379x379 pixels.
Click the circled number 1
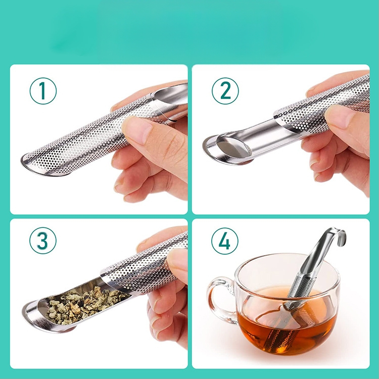point(43,91)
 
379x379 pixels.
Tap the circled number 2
point(225,91)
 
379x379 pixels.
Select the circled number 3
point(43,241)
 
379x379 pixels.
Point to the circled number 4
point(225,241)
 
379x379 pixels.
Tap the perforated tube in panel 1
point(97,138)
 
